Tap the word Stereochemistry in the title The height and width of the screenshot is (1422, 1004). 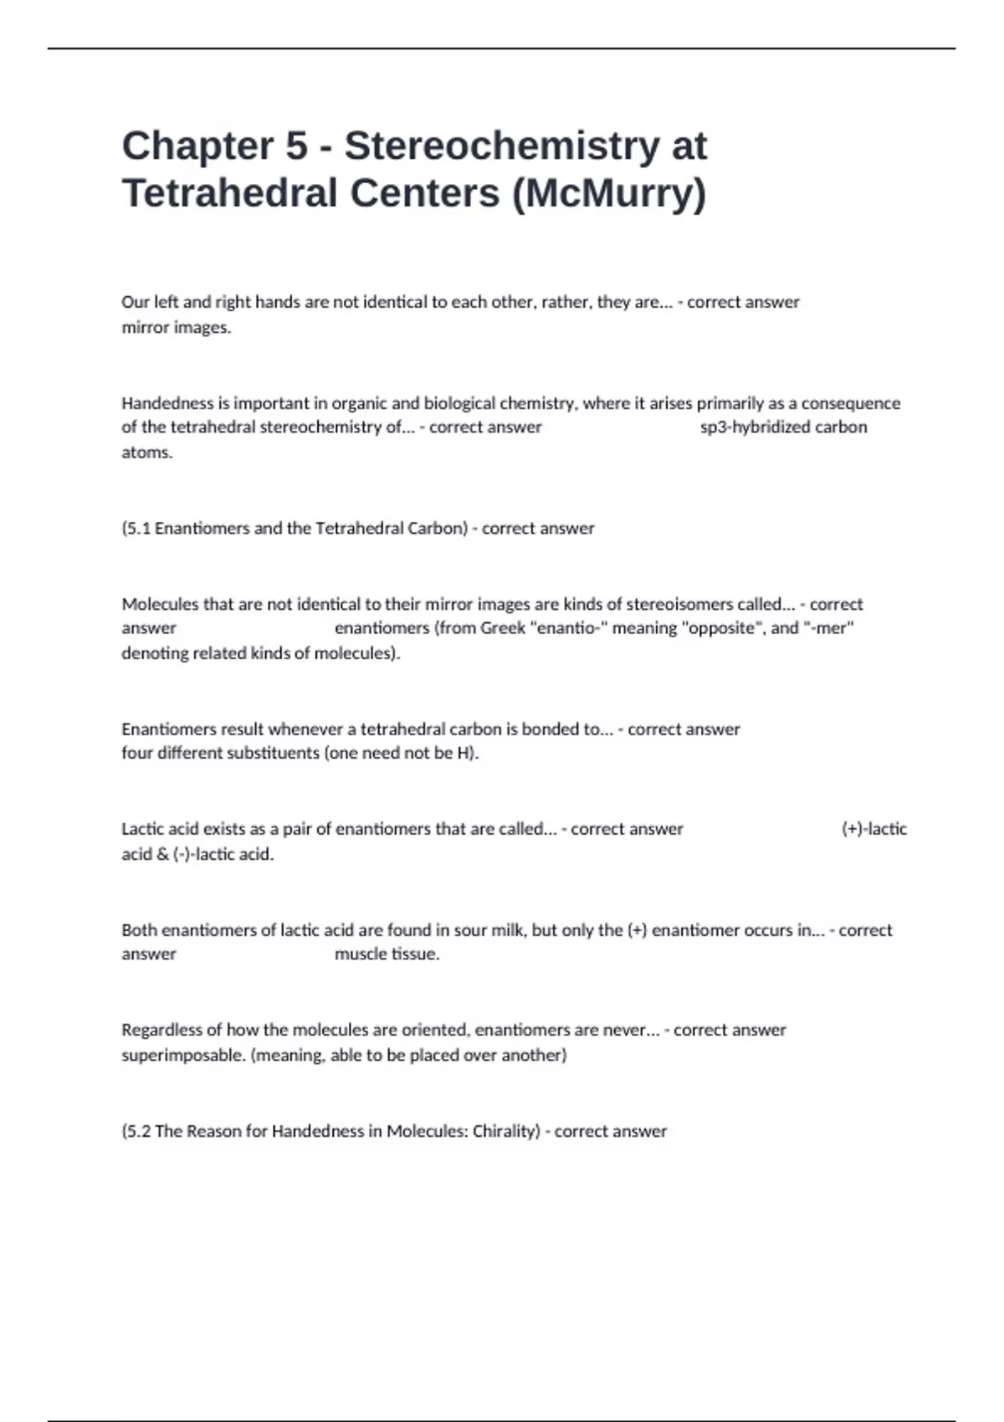pyautogui.click(x=502, y=146)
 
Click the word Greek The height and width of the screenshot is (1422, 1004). pyautogui.click(x=502, y=628)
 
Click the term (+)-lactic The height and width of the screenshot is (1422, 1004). pyautogui.click(x=874, y=829)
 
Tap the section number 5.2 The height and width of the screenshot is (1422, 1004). pyautogui.click(x=138, y=1132)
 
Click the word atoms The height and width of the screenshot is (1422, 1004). pyautogui.click(x=146, y=453)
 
